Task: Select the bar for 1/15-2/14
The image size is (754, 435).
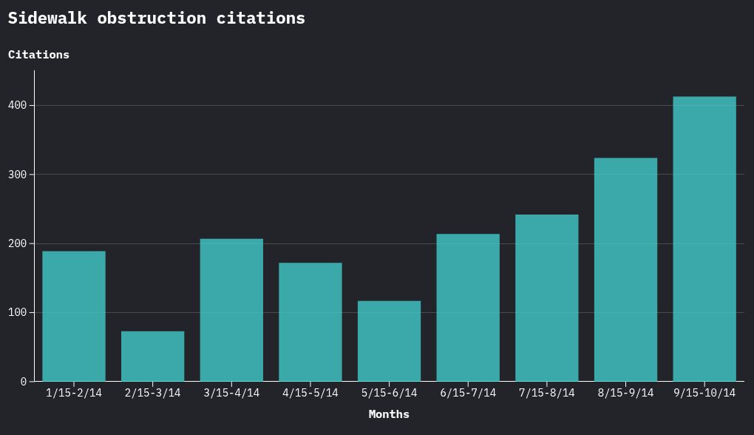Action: [x=74, y=317]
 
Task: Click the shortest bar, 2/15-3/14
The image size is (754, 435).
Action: [x=153, y=357]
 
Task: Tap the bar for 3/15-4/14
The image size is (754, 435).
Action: [x=231, y=310]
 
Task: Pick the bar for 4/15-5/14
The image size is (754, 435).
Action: [x=310, y=323]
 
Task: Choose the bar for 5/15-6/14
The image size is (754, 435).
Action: [x=390, y=341]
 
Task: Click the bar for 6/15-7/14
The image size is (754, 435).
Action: [x=468, y=308]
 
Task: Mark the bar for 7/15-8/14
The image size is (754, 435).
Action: [x=547, y=298]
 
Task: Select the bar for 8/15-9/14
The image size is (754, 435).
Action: [x=625, y=270]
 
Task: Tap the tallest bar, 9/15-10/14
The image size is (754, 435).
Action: [x=704, y=239]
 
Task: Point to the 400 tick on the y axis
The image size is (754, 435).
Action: [x=17, y=106]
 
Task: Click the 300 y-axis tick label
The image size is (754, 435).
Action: [x=17, y=175]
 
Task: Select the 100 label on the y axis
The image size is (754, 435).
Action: [x=17, y=313]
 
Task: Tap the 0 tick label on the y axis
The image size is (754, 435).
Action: [x=24, y=382]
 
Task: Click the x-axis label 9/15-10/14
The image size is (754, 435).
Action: [x=704, y=393]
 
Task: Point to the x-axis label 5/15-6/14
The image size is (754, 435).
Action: [x=390, y=393]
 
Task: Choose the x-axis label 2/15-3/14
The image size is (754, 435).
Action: [x=153, y=393]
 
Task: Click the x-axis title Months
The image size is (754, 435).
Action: [x=389, y=414]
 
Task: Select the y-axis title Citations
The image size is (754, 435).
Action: [x=38, y=55]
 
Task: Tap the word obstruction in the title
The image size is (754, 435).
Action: [x=152, y=18]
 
